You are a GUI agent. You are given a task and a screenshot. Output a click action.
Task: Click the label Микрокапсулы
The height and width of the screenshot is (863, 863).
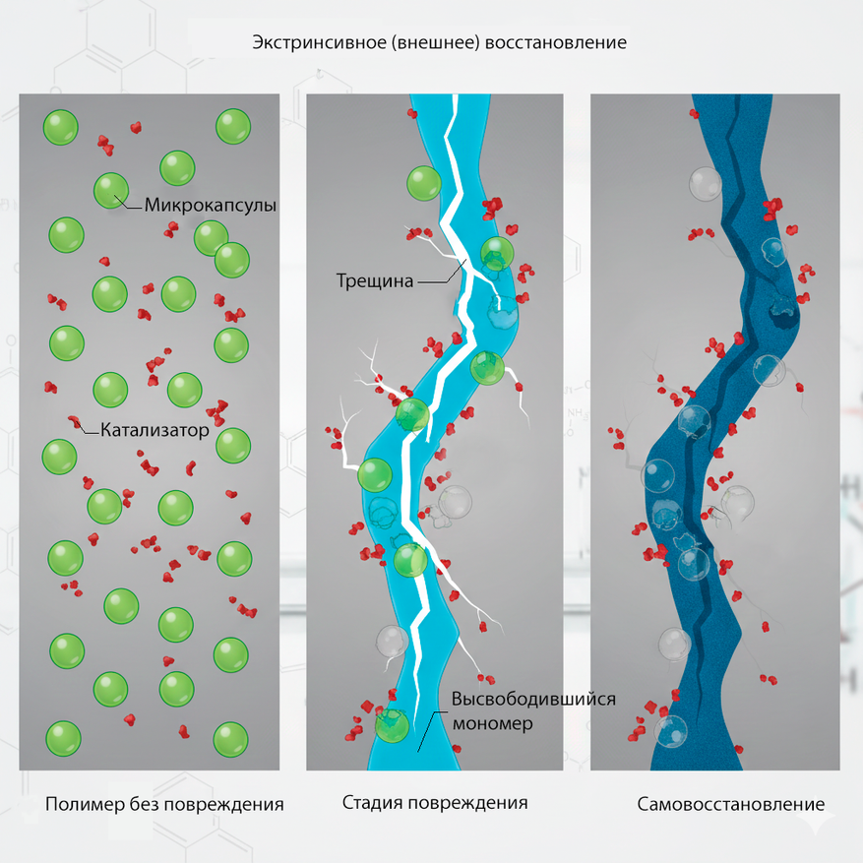[x=211, y=206]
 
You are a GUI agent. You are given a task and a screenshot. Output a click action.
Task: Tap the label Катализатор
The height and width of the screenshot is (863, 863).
[x=154, y=430]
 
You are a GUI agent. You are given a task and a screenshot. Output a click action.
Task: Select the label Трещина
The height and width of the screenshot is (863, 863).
[x=375, y=281]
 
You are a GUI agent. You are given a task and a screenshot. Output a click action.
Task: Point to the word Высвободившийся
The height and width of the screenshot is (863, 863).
[x=533, y=699]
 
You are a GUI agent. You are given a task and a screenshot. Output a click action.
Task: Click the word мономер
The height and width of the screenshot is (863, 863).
[x=493, y=723]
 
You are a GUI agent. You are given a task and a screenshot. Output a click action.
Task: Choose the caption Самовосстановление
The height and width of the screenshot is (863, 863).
[x=731, y=804]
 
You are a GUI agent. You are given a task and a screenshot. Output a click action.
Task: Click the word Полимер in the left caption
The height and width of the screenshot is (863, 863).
[x=86, y=804]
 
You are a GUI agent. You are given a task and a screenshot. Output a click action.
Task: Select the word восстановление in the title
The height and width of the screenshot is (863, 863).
[x=556, y=43]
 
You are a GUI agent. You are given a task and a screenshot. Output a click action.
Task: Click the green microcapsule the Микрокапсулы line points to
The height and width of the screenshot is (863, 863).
[x=111, y=191]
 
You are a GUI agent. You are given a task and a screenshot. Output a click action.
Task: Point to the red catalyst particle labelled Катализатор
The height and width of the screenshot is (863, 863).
[x=75, y=423]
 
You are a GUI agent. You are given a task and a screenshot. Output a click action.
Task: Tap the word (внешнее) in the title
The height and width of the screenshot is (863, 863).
[x=435, y=43]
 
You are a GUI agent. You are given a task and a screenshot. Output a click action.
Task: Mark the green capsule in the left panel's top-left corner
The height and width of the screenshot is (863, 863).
[x=61, y=127]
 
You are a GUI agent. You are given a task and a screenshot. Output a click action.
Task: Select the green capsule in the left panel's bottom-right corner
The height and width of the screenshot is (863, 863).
[x=230, y=739]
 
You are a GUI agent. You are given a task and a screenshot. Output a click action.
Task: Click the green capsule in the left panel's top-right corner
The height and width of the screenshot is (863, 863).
[x=233, y=126]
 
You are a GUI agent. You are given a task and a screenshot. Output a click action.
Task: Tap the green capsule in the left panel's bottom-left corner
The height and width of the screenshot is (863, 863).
[x=63, y=738]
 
